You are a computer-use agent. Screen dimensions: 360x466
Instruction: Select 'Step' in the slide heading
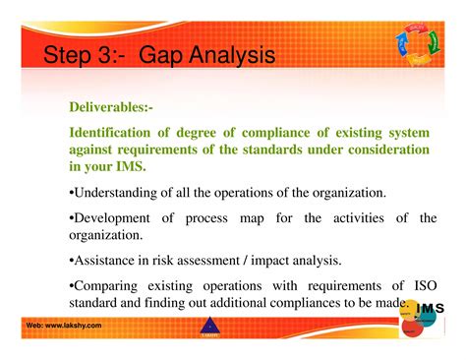pos(72,54)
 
